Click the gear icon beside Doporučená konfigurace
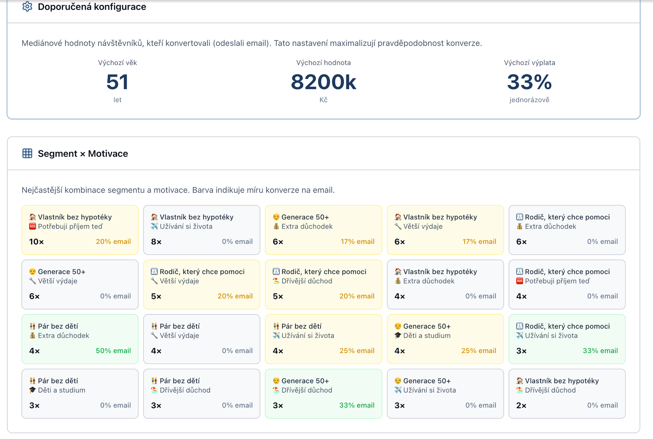tap(27, 7)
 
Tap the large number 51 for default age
tap(117, 82)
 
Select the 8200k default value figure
tap(323, 82)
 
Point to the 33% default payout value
tap(529, 82)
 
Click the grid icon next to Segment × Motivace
tap(27, 153)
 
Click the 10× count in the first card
tap(36, 242)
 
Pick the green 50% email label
tap(113, 351)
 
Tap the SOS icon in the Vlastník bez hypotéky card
tap(32, 227)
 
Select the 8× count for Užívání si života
tap(156, 242)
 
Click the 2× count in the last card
tap(521, 405)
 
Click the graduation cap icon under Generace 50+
tap(398, 336)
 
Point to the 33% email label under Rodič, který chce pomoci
tap(600, 351)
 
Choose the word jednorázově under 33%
tap(529, 100)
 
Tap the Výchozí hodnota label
tap(323, 63)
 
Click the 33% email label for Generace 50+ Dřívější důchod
tap(357, 405)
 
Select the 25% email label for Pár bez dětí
tap(357, 351)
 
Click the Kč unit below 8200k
tap(323, 100)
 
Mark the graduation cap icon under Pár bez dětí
tap(32, 390)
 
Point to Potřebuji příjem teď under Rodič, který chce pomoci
tap(557, 281)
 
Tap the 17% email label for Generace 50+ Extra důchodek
tap(357, 242)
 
